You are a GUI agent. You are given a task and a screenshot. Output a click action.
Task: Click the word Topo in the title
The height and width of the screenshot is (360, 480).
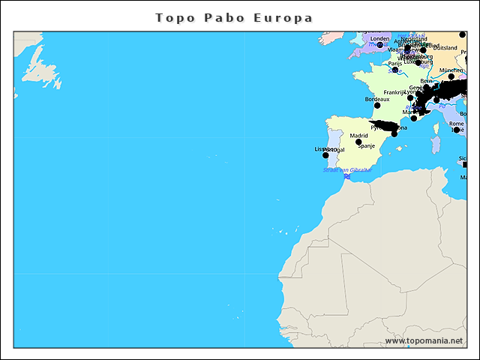coord(173,17)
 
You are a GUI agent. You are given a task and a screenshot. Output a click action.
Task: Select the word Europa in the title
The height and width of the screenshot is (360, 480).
coord(283,17)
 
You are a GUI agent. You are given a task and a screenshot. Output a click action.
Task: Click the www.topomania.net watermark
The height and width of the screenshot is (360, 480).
coord(423,341)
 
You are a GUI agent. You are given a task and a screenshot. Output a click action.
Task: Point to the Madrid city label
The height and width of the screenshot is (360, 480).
coord(358,136)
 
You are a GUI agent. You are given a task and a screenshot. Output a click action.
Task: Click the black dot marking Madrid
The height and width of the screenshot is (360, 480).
coord(358,142)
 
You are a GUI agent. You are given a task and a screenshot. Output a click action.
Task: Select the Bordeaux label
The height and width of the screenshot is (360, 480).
coord(376,99)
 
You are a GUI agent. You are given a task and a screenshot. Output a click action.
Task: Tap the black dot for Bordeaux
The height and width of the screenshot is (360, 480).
coord(377,105)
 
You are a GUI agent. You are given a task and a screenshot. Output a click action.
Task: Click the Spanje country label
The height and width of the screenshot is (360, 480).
coord(366,146)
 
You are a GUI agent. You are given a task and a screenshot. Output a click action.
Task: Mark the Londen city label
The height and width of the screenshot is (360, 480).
coord(380,39)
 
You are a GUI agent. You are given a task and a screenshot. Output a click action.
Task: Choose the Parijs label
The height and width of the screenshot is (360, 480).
coord(395,64)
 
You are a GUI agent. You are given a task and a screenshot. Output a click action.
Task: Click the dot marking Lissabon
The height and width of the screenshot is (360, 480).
coord(325,154)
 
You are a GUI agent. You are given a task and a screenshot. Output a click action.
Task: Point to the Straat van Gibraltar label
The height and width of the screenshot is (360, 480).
coord(346,170)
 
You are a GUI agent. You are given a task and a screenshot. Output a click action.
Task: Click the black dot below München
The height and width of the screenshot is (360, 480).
coord(451,76)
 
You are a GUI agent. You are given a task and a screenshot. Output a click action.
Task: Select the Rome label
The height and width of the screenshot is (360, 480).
coord(456,124)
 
